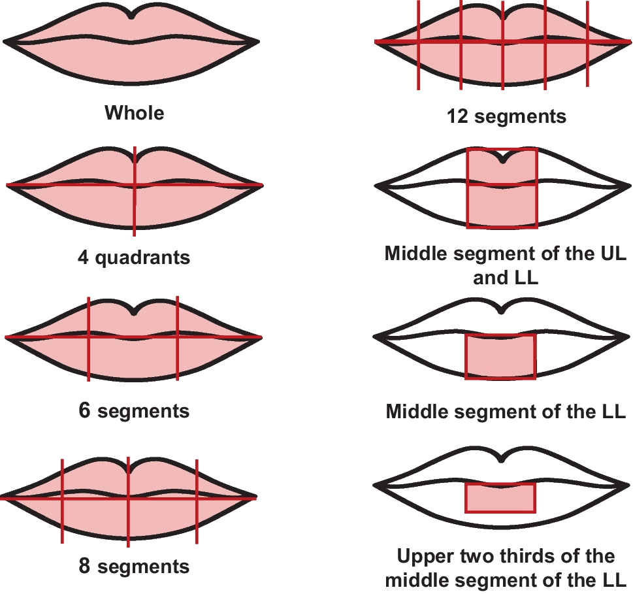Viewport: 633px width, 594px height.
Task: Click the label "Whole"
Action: tap(134, 113)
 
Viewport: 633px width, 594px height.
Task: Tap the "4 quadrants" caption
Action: tap(134, 257)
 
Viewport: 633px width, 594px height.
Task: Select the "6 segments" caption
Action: tap(134, 411)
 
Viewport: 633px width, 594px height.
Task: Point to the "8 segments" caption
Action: tap(134, 566)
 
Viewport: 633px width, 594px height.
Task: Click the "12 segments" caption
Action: tap(506, 116)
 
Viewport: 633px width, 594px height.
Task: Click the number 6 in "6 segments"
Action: tap(84, 411)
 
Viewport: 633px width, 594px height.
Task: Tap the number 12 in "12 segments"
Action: tap(455, 116)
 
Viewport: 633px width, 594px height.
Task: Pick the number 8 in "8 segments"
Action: tap(84, 566)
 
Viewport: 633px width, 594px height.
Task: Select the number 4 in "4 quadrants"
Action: tap(83, 257)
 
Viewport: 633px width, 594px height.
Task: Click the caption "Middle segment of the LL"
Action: tap(506, 412)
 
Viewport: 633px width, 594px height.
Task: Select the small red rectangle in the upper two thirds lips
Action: tap(500, 498)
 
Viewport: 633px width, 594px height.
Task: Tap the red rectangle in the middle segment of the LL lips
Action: tap(500, 357)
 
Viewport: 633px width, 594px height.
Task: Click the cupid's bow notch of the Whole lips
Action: tap(133, 16)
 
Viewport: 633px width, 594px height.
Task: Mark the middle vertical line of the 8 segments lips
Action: tap(128, 523)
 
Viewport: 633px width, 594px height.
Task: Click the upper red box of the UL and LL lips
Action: tap(502, 167)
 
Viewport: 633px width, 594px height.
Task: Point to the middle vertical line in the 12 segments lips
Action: tap(502, 65)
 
